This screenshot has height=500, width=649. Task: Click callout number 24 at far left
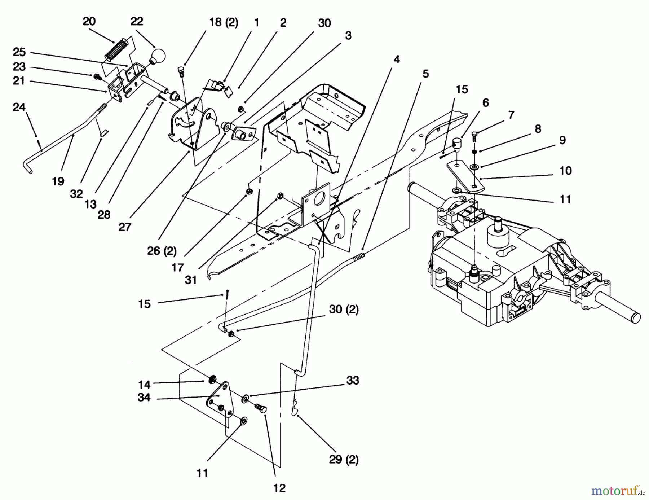(19, 107)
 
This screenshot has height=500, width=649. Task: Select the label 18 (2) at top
(224, 22)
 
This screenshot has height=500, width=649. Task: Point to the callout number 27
(125, 227)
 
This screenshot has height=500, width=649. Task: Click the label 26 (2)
(162, 251)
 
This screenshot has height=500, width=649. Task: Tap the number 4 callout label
(397, 59)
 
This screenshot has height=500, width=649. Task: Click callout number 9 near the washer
(562, 140)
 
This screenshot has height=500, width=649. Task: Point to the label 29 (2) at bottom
(343, 460)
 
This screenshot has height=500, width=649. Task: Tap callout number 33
(353, 380)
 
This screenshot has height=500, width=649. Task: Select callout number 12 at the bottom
(279, 488)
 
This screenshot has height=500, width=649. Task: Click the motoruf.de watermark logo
(618, 491)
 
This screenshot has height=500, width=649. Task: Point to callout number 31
(191, 280)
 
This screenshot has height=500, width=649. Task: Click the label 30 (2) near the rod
(343, 310)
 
